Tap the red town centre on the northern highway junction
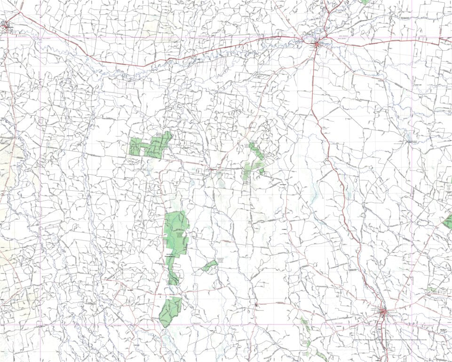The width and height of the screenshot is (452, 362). [x=317, y=44]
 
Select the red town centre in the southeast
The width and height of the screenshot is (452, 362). [x=384, y=311]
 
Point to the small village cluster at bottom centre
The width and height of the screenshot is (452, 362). [x=257, y=305]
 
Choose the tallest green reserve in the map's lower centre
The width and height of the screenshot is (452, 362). [x=175, y=233]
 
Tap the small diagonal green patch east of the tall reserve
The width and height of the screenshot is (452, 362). [x=209, y=266]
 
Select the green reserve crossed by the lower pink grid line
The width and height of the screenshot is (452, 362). [x=170, y=312]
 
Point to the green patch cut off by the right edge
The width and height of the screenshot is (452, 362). [x=448, y=221]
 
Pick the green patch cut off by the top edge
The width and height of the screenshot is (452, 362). [x=365, y=2]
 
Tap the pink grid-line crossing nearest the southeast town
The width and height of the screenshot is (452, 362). [x=411, y=323]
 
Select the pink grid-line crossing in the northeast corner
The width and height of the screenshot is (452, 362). [x=411, y=37]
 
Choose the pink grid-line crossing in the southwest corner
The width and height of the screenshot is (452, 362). [x=40, y=323]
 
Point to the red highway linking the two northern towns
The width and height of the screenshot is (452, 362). [x=155, y=63]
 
